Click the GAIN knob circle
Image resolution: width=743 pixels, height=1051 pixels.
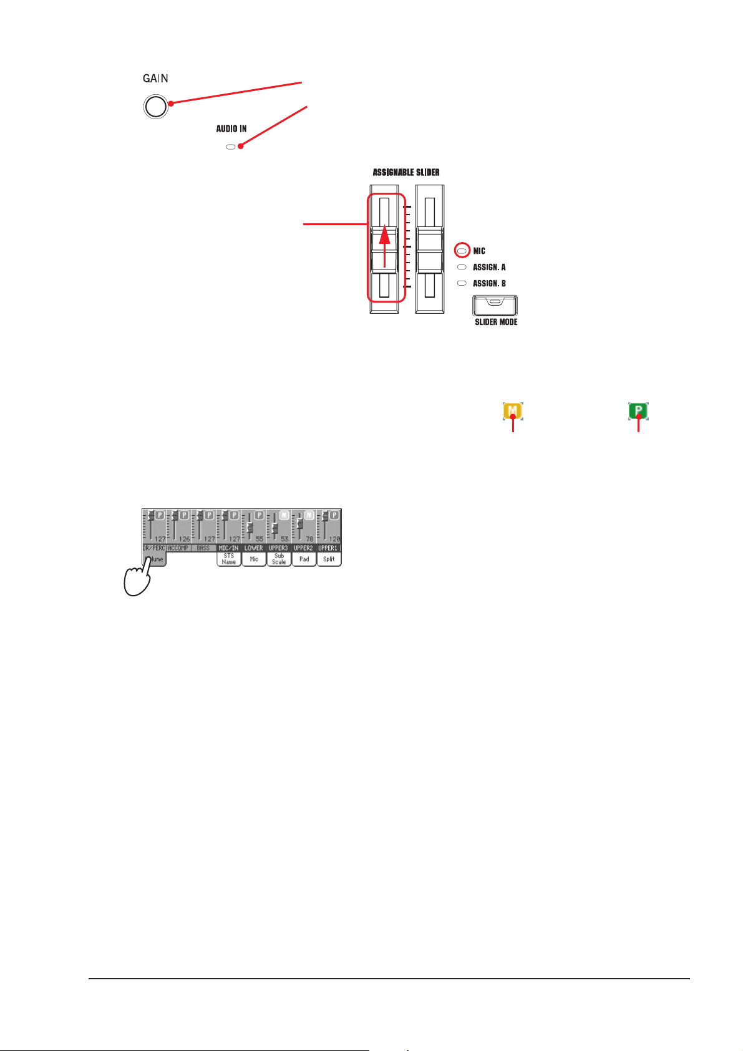[155, 106]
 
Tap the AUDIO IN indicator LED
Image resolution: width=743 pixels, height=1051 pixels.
[230, 147]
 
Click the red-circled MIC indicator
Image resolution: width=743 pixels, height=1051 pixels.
[462, 251]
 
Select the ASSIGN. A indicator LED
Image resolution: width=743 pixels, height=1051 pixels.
[462, 267]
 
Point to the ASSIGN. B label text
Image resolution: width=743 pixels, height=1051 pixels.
[489, 283]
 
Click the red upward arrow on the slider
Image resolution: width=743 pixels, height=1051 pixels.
[385, 246]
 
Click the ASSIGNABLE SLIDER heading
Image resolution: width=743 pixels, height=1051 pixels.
[406, 172]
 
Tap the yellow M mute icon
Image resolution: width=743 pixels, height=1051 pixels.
[513, 411]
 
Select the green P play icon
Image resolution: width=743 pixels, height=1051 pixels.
[638, 411]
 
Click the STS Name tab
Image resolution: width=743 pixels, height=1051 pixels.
[229, 559]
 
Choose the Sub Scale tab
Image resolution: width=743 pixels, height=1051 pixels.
[279, 559]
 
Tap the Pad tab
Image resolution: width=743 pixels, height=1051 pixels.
[304, 559]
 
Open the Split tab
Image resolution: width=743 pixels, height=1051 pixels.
[329, 559]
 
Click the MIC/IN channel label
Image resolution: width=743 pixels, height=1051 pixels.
[228, 548]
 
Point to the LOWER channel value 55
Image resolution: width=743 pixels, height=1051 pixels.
[259, 539]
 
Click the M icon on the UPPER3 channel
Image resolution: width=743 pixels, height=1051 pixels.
[284, 515]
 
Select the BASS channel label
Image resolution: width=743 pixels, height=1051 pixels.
[203, 548]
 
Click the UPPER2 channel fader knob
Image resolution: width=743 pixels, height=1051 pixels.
[300, 518]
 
